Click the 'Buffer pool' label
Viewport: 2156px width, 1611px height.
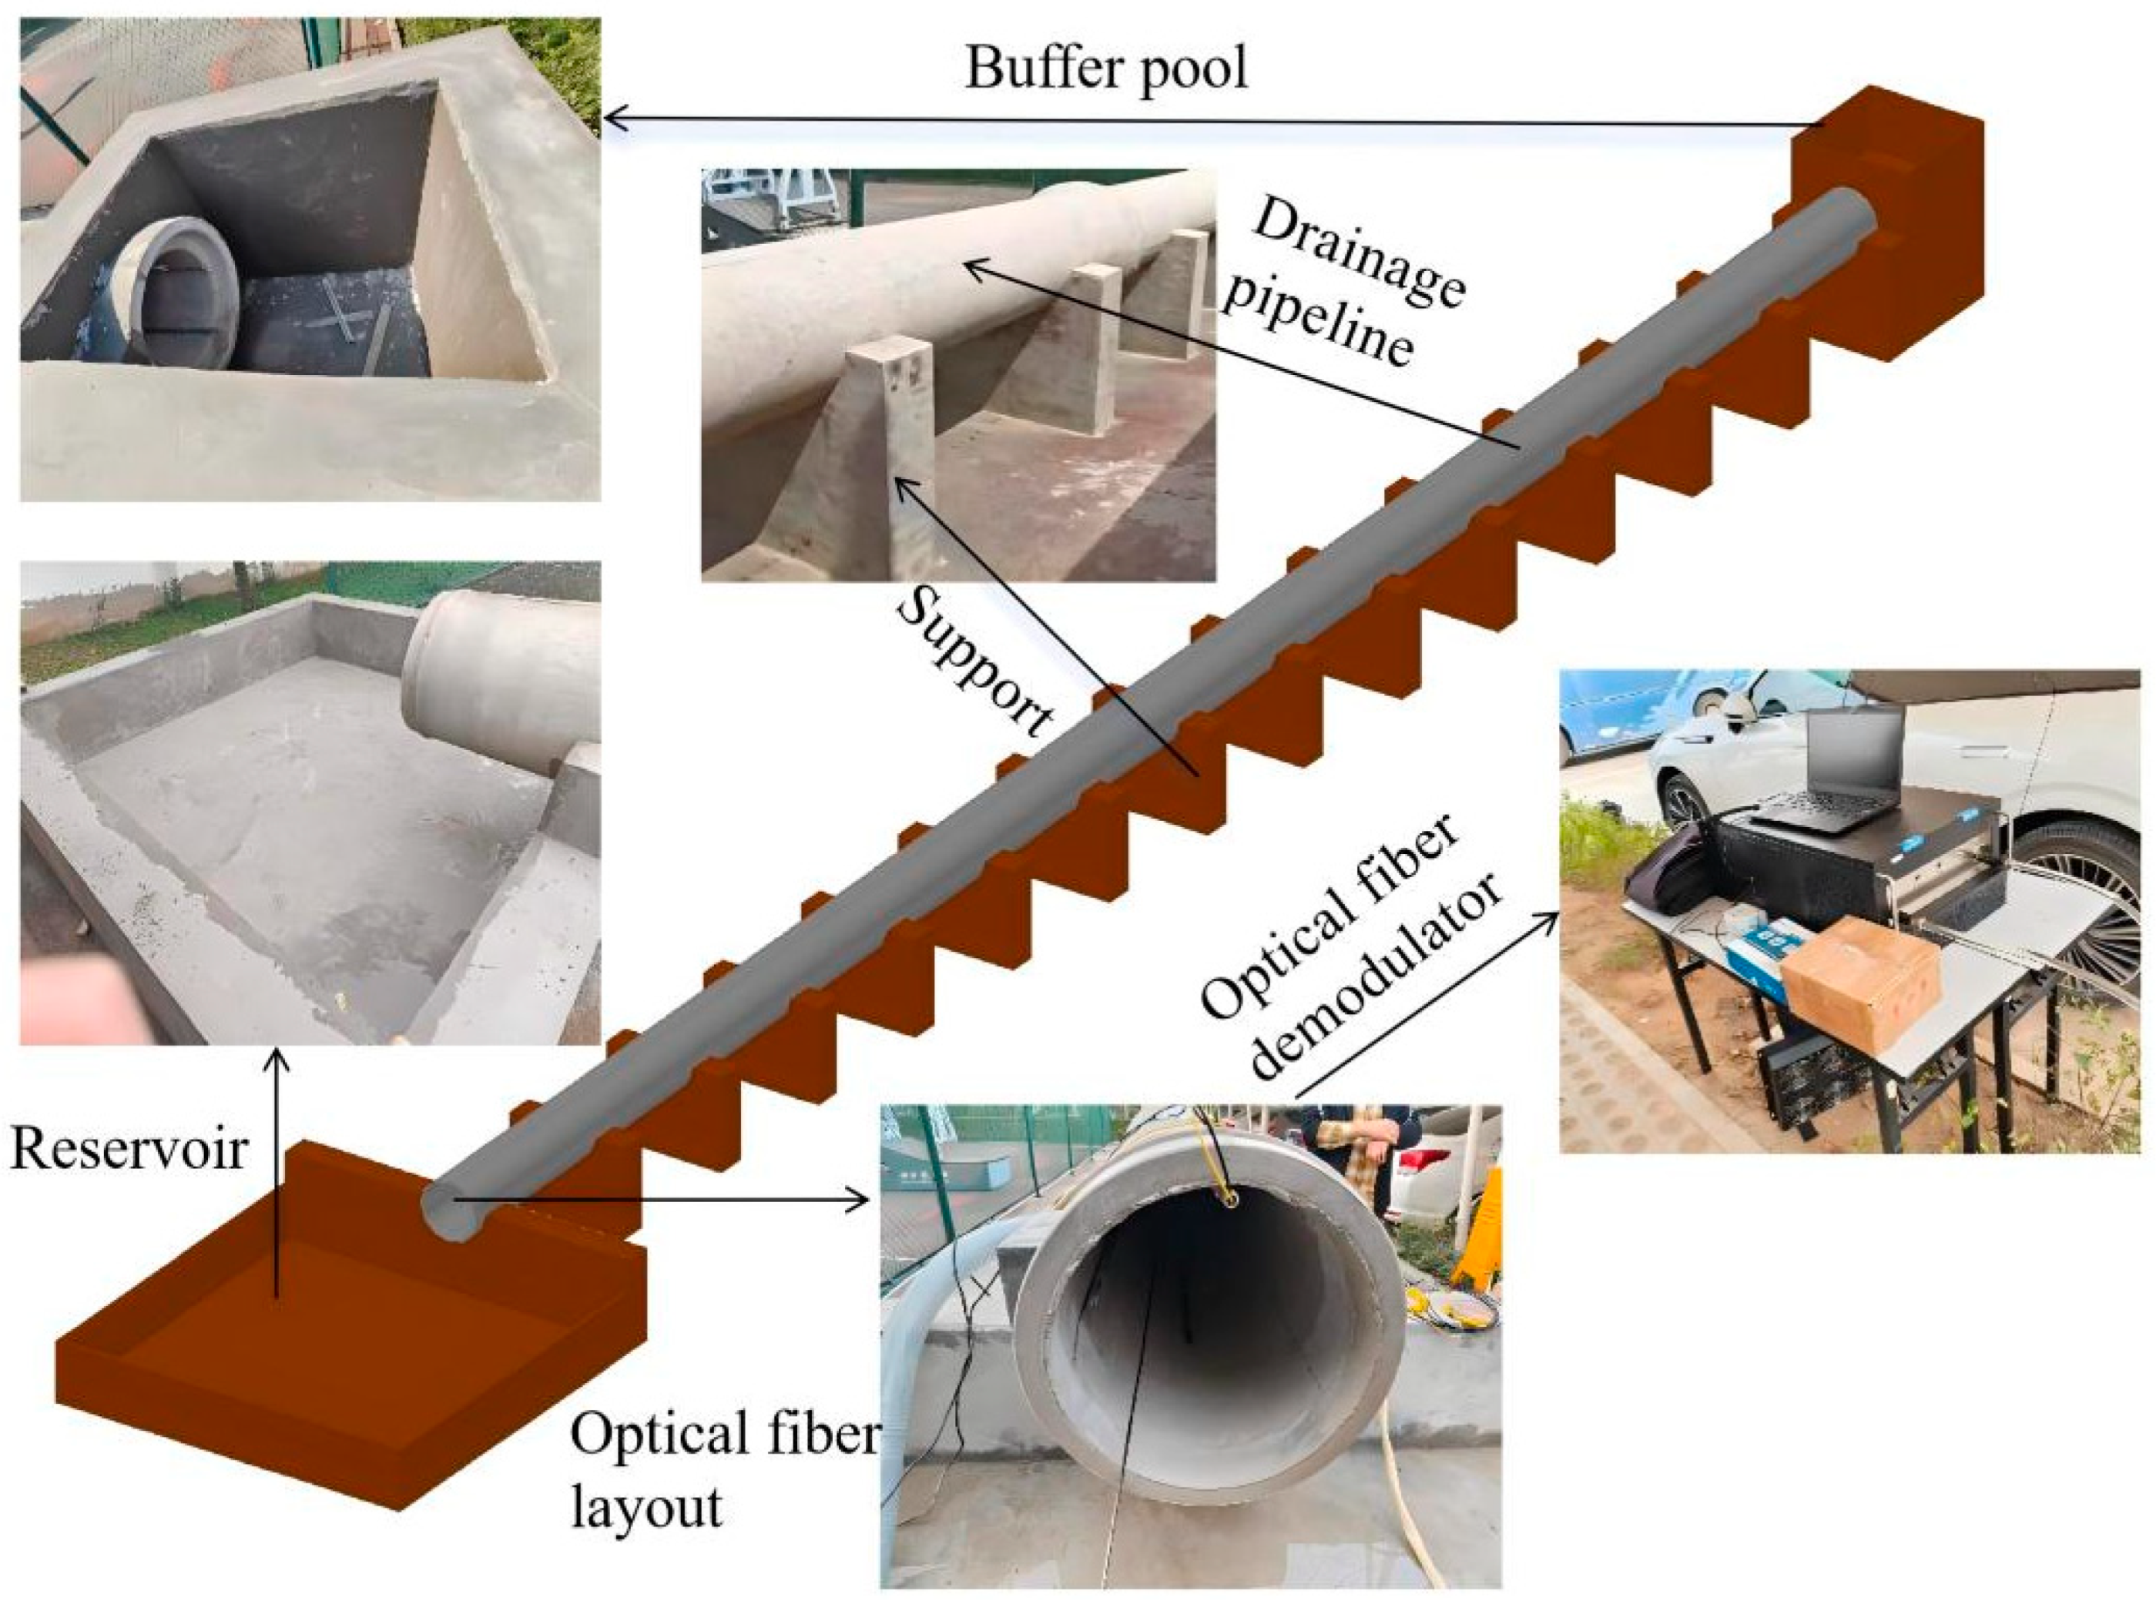1105,69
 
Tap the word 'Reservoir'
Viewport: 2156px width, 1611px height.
129,1149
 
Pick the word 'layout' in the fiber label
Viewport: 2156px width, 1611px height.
646,1507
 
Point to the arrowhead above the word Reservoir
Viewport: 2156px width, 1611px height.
279,1057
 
